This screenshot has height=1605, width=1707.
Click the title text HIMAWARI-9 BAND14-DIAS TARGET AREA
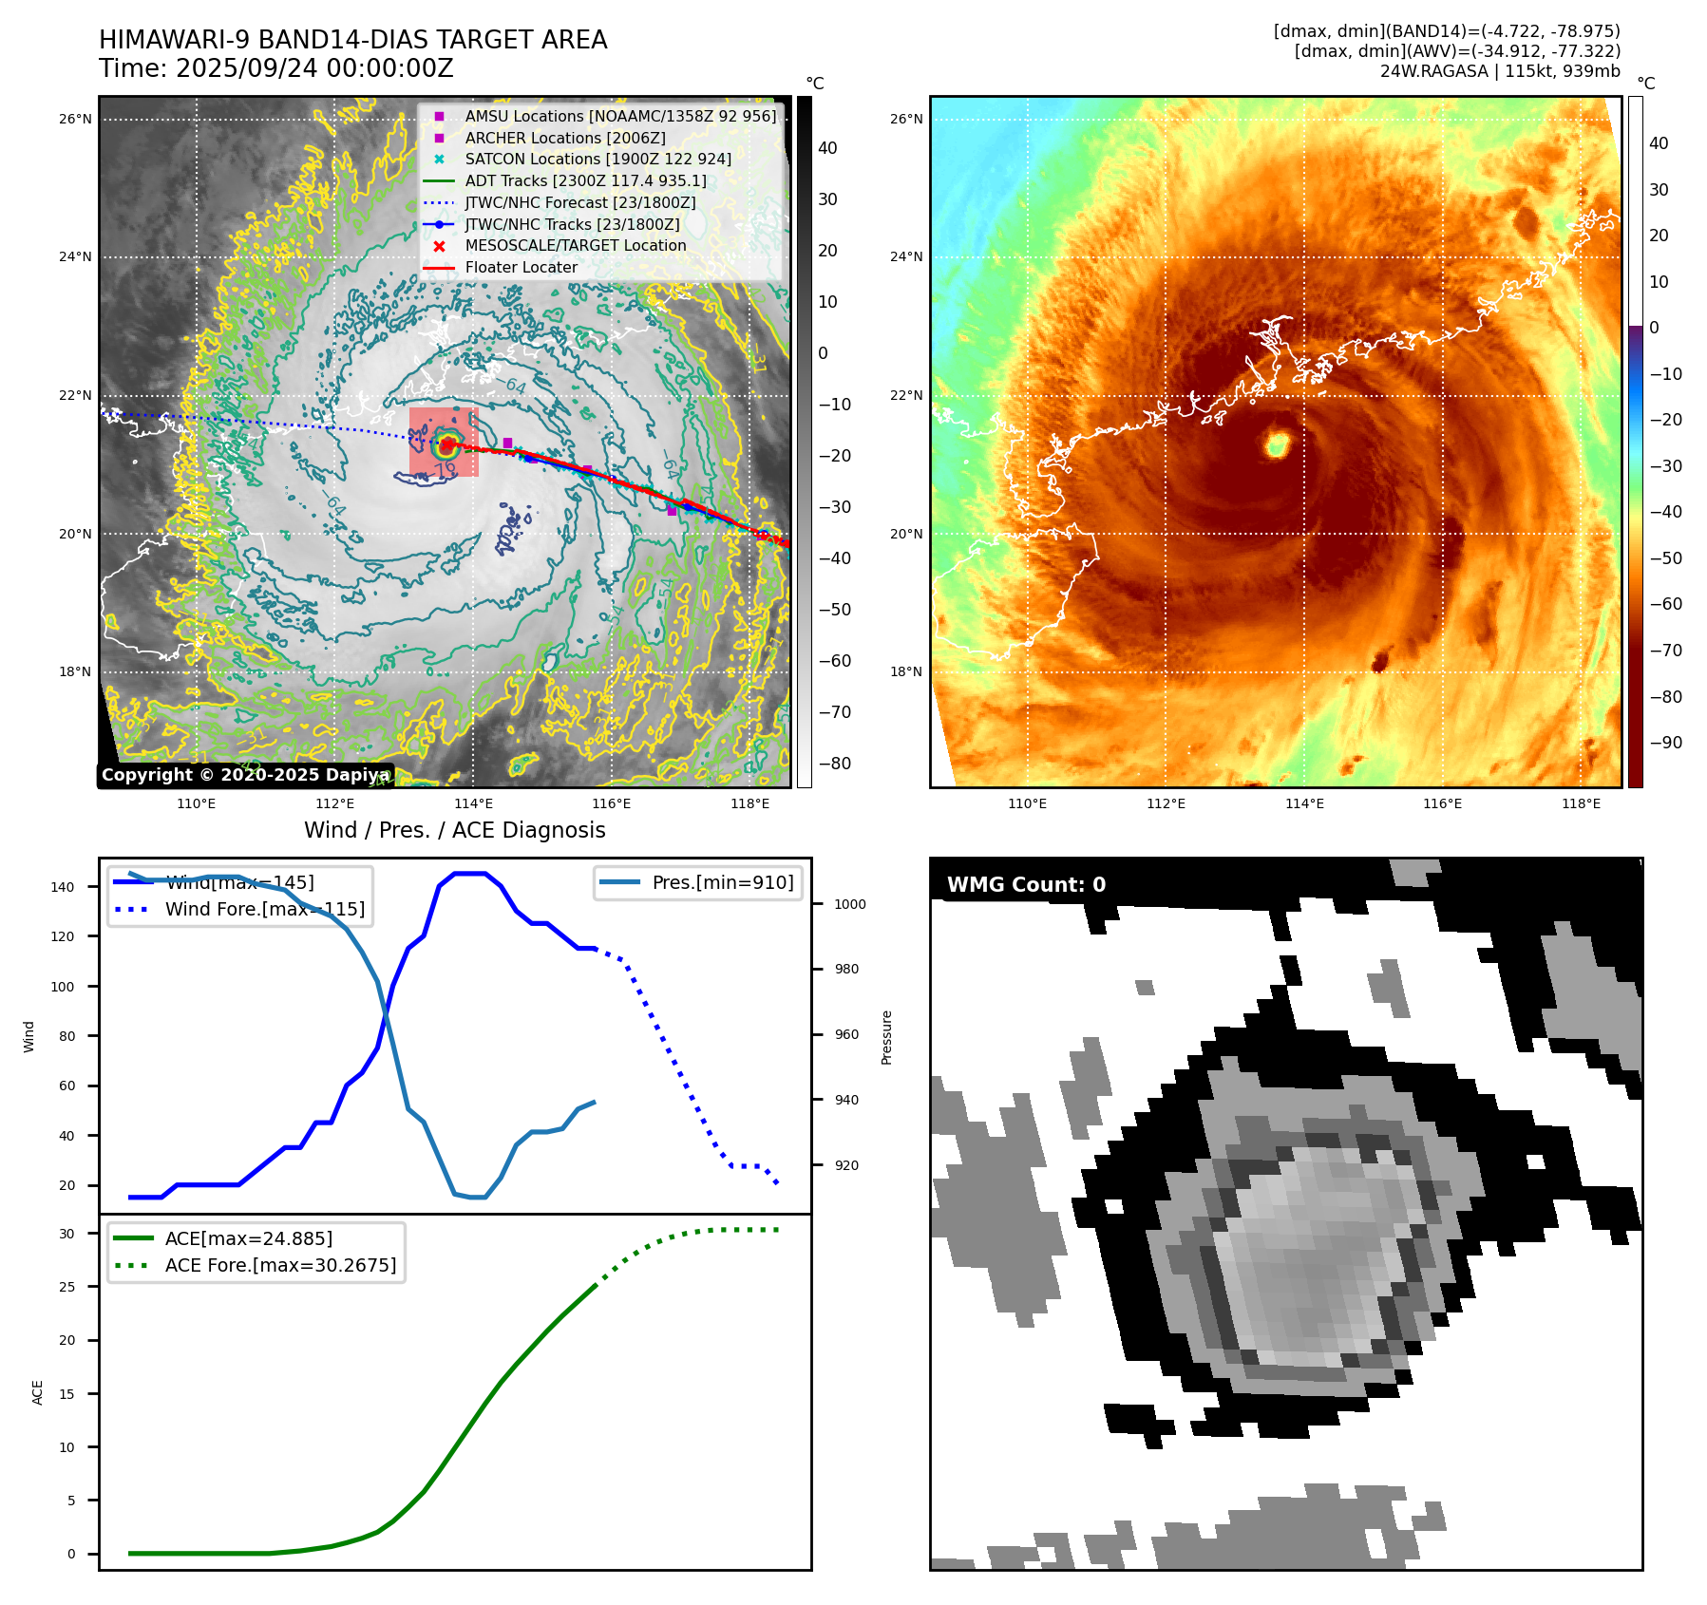352,40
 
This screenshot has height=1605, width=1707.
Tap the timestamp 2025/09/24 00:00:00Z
314,68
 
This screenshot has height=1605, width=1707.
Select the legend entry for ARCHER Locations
564,138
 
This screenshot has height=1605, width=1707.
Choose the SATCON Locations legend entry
597,159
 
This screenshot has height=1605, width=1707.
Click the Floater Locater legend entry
521,267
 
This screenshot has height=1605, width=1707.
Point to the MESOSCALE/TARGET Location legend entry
575,245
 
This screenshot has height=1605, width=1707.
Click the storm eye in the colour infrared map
1278,443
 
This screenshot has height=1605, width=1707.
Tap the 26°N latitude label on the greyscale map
75,119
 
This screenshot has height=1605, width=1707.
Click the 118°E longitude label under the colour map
1581,803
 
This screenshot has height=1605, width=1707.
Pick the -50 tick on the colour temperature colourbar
1665,557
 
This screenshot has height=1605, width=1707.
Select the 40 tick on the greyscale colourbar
827,147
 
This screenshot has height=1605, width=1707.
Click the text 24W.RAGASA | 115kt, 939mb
1500,71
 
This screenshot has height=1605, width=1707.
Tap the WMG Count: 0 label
1026,884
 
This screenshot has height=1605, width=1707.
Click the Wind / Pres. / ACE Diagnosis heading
454,830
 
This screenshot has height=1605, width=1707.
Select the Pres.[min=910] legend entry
722,882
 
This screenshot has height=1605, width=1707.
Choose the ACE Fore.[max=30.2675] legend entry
280,1265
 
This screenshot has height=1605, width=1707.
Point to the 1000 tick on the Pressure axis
849,904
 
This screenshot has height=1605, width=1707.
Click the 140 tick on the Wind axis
63,887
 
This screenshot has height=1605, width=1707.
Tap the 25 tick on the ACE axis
66,1287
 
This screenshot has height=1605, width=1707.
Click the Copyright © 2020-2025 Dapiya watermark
245,775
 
